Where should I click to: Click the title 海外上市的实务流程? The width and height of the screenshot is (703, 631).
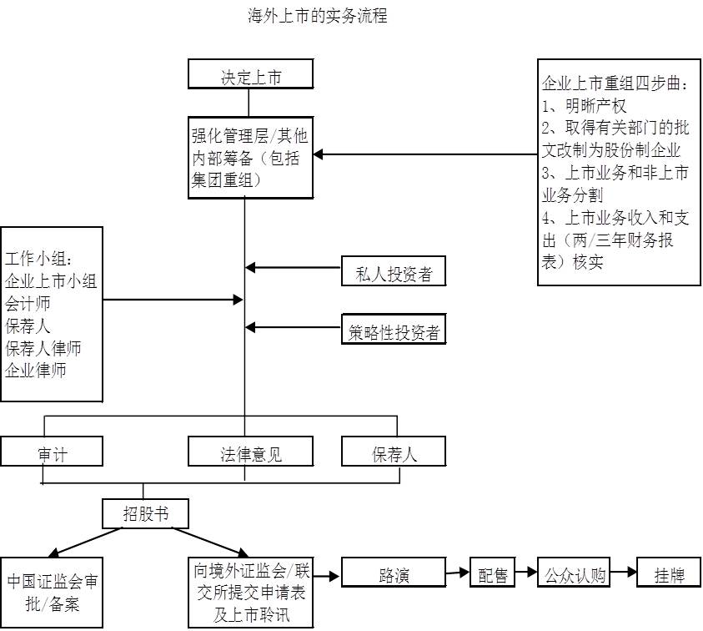318,16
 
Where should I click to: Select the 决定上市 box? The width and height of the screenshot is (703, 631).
250,78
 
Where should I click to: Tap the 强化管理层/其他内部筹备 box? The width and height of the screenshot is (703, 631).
250,157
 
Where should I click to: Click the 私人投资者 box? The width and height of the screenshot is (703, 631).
394,274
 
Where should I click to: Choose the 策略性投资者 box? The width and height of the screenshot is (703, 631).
394,332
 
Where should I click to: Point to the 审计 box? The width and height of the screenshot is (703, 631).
52,453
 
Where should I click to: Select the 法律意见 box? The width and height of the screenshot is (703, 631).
250,453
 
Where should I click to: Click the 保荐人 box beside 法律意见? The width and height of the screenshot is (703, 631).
394,453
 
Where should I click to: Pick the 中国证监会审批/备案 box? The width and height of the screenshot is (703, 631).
52,592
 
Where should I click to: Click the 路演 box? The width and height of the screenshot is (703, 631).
394,574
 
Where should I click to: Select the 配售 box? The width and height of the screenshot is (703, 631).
493,574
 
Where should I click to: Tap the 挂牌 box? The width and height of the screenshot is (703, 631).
669,574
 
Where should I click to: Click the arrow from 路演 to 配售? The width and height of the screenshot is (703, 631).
458,573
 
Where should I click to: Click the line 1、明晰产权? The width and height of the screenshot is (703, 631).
584,106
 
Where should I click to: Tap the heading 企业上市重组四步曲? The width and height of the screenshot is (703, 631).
615,84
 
